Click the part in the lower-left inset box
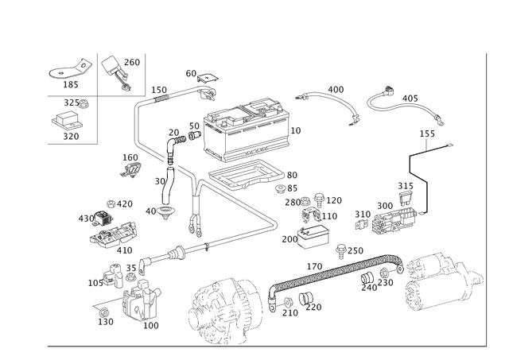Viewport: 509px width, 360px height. point(70,121)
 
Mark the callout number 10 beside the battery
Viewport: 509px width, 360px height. point(297,128)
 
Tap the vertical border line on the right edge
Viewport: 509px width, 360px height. point(485,199)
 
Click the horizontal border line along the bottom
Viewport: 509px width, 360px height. point(262,346)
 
